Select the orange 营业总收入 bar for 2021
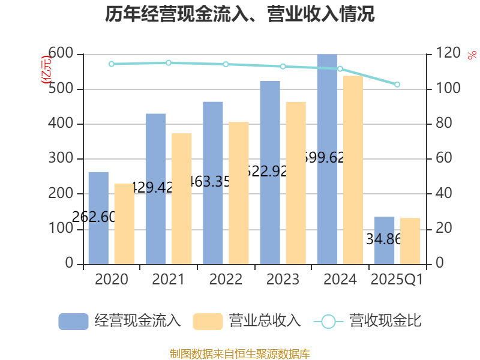[181, 199]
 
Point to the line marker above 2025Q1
[397, 85]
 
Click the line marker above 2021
[169, 62]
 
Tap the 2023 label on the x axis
[283, 280]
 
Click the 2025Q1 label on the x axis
[397, 280]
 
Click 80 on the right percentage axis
[441, 124]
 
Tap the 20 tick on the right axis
[441, 229]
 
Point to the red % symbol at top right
[472, 55]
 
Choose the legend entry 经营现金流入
[120, 321]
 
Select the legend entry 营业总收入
[247, 321]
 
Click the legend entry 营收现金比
[368, 321]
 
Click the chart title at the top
[240, 14]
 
